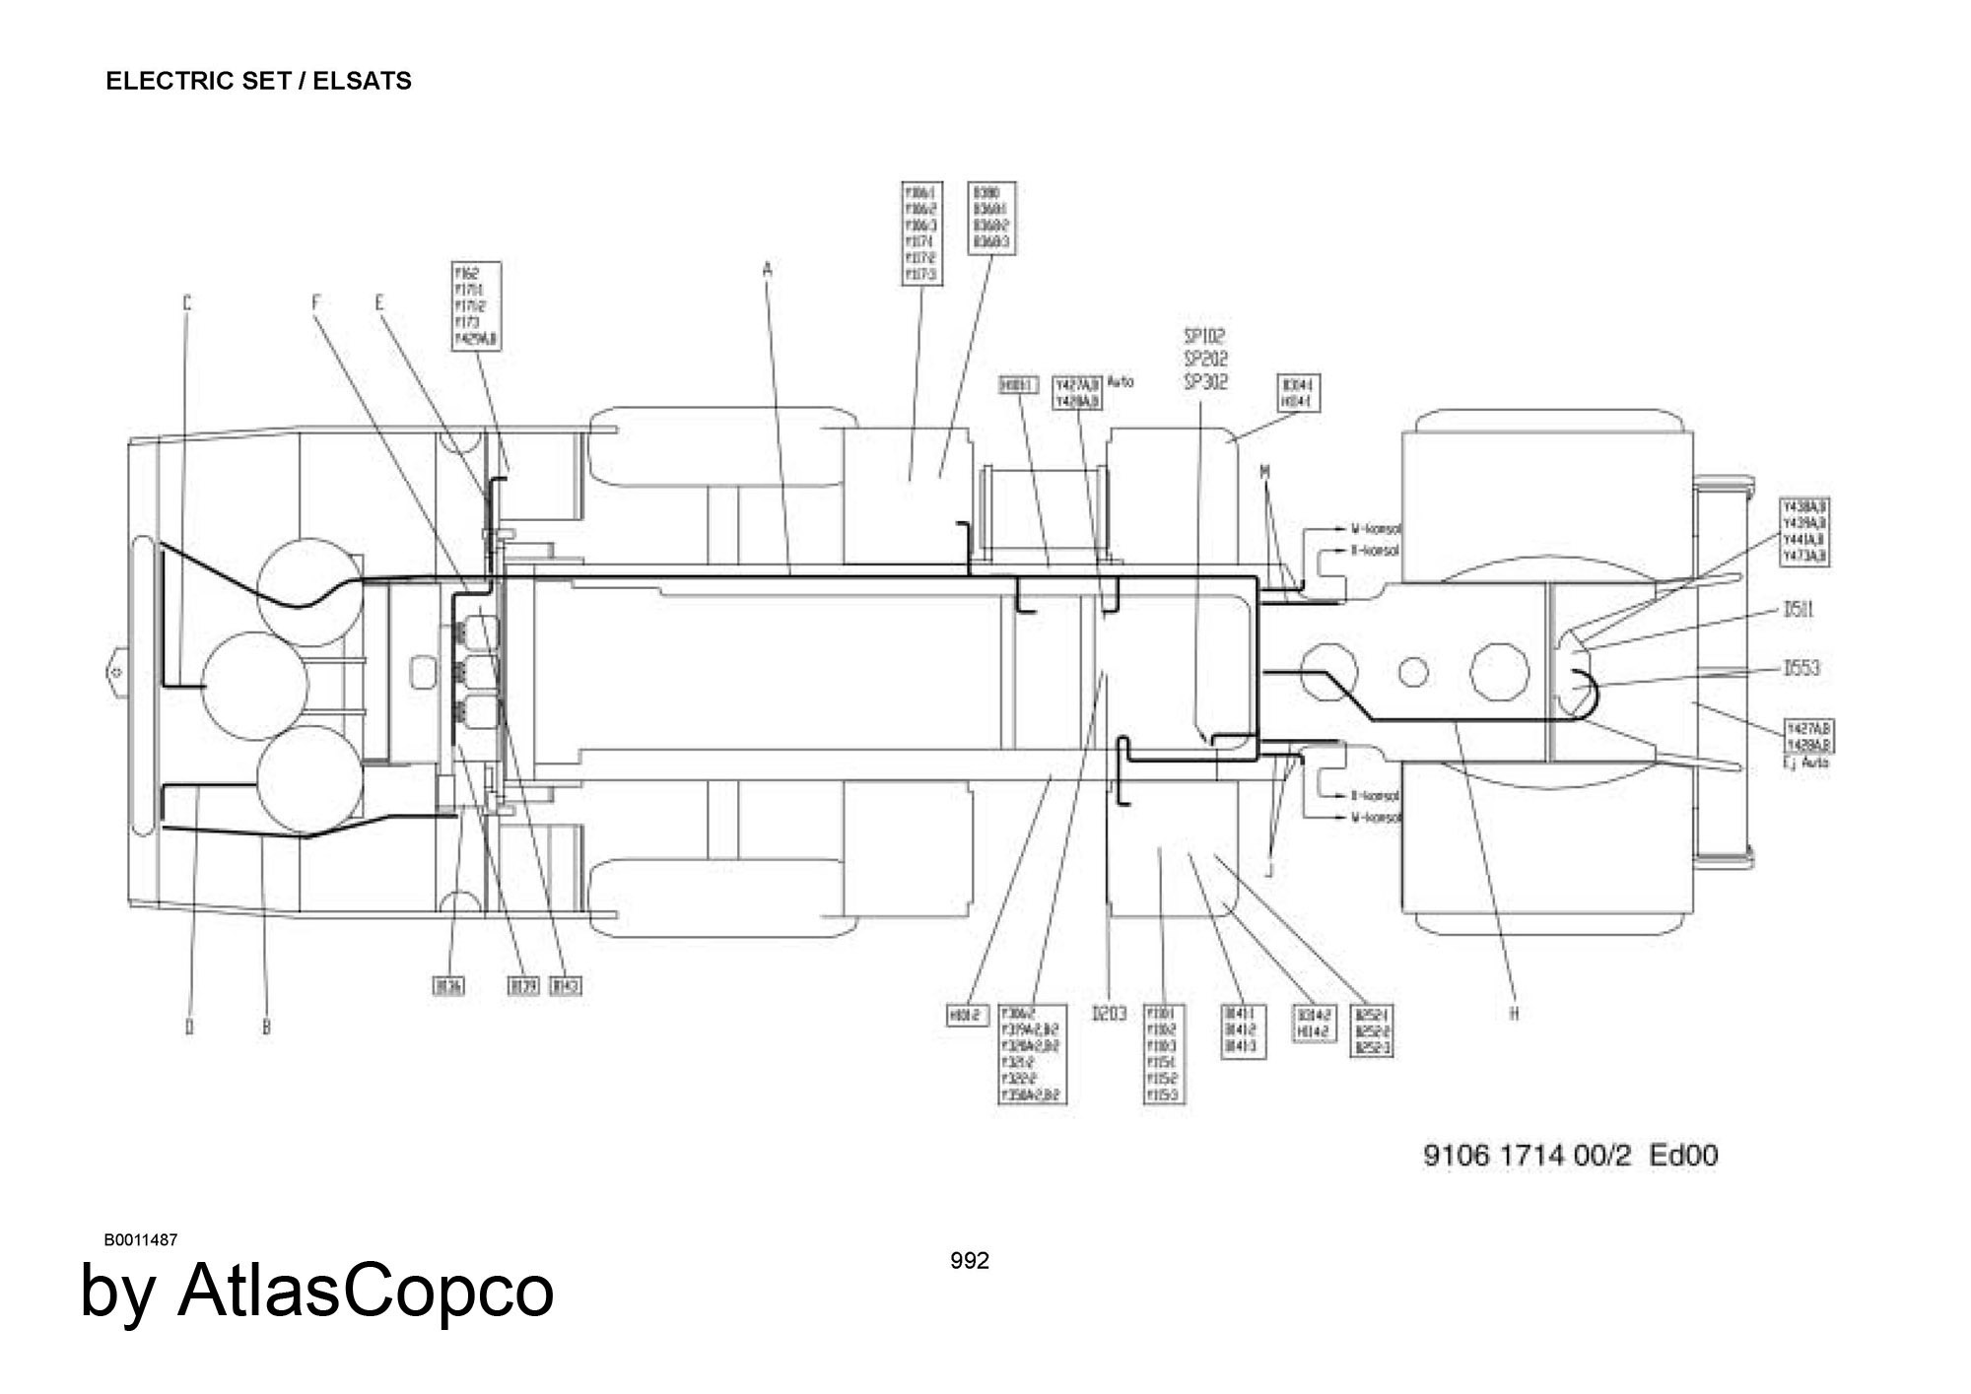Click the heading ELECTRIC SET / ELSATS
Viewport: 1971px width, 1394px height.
(258, 81)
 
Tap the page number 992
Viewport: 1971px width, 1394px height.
(970, 1261)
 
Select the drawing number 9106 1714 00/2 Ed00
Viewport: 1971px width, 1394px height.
(1570, 1155)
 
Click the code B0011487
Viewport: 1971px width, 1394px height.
(141, 1239)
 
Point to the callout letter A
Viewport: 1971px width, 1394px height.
(768, 268)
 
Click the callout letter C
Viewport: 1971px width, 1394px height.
(187, 303)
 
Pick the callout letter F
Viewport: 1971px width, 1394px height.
(316, 303)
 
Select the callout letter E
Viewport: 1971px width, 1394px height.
(379, 303)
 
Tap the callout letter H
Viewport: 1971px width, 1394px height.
(1515, 1014)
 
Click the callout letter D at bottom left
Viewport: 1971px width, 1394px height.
(189, 1027)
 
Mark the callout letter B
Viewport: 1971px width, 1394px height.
(266, 1027)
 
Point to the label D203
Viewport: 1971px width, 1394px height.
(1109, 1014)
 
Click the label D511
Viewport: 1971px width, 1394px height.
(1799, 610)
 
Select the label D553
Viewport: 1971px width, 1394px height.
(1801, 668)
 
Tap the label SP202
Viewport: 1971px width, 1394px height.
(1205, 359)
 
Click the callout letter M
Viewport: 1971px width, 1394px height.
(1264, 473)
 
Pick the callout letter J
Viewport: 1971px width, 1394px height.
(1270, 870)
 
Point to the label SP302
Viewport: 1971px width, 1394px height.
(1205, 382)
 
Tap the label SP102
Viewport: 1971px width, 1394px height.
(1205, 336)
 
